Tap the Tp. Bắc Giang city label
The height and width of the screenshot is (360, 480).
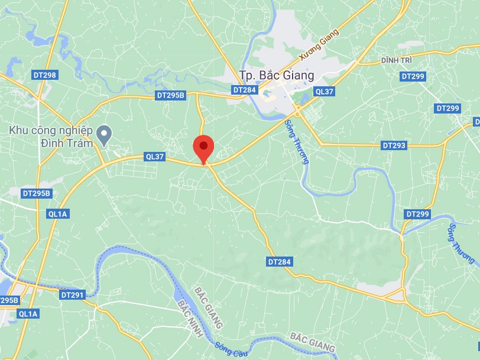pyautogui.click(x=276, y=76)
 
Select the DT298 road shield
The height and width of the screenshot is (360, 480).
pyautogui.click(x=45, y=75)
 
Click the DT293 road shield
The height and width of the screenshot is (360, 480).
pyautogui.click(x=394, y=145)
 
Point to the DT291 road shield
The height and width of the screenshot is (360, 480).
pyautogui.click(x=73, y=294)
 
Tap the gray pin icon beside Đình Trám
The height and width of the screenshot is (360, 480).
pyautogui.click(x=104, y=135)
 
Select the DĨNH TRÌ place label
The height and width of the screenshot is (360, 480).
pyautogui.click(x=396, y=61)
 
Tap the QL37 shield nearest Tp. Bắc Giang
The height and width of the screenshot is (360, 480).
pyautogui.click(x=325, y=91)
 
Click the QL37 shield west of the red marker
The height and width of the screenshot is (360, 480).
pyautogui.click(x=154, y=157)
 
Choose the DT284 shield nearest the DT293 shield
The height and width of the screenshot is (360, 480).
pyautogui.click(x=280, y=261)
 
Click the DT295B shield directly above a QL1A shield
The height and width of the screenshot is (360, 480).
pyautogui.click(x=37, y=193)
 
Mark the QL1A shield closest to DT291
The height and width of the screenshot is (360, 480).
pyautogui.click(x=27, y=314)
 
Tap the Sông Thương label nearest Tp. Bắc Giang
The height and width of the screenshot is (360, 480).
pyautogui.click(x=297, y=142)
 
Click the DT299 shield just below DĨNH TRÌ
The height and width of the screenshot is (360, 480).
pyautogui.click(x=413, y=76)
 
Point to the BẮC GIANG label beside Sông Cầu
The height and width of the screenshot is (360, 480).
pyautogui.click(x=313, y=342)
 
